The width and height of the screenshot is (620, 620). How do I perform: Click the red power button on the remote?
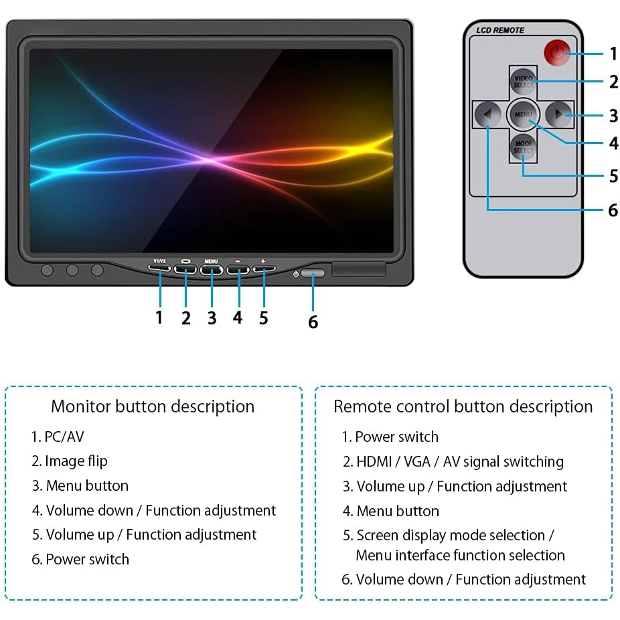[555, 53]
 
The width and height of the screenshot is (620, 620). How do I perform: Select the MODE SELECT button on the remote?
[523, 147]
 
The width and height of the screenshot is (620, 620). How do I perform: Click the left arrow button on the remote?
[488, 115]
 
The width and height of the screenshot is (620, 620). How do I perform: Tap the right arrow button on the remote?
[558, 115]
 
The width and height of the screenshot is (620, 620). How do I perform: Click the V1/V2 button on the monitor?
[159, 269]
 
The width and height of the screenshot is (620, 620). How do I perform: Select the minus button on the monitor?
[238, 270]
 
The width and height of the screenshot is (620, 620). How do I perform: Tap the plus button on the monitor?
[264, 269]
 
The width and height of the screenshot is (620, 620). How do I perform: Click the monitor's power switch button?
[313, 273]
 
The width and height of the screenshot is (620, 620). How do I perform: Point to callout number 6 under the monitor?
[313, 322]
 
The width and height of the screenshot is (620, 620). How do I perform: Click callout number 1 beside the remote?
[613, 54]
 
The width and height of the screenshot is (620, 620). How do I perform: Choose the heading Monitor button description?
[153, 406]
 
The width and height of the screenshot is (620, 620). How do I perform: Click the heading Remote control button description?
[463, 406]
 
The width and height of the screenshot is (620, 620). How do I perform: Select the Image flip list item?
[70, 461]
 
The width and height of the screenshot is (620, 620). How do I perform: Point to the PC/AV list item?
[58, 437]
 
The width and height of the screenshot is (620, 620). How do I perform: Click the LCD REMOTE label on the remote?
[500, 30]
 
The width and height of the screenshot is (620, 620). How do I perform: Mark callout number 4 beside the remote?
[613, 143]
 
